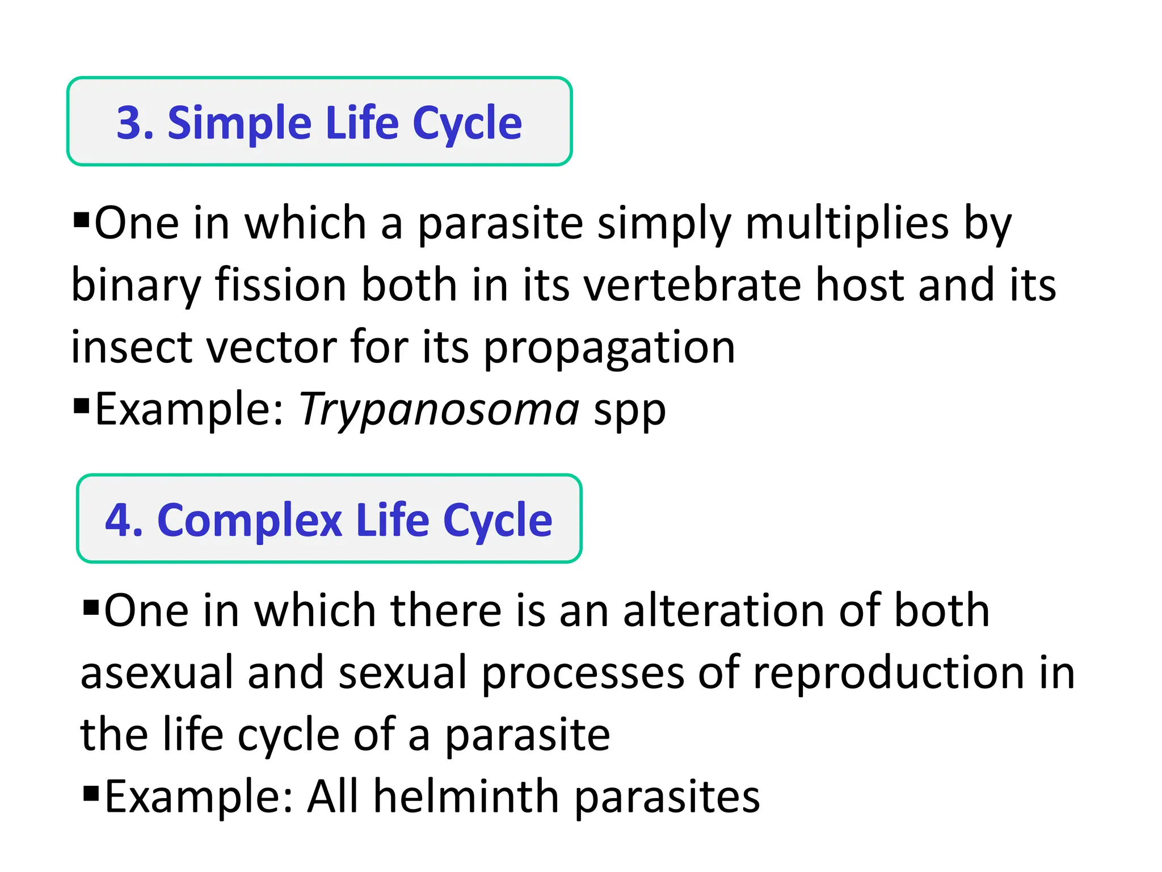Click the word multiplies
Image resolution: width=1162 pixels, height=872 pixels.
[847, 225]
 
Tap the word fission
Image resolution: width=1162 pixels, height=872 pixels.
[280, 285]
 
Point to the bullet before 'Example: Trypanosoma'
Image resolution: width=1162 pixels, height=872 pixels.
[82, 405]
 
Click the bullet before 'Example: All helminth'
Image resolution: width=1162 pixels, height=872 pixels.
[91, 792]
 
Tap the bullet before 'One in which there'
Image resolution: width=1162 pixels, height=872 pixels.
[91, 607]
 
